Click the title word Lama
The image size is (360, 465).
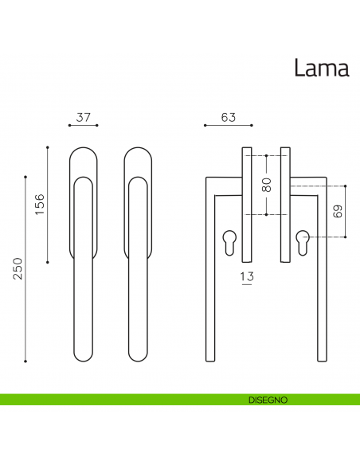[x=322, y=68]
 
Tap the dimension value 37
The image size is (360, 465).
[x=83, y=117]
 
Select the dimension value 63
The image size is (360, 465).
[x=229, y=117]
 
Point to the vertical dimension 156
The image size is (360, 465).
[x=40, y=205]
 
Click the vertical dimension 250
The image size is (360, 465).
[x=18, y=268]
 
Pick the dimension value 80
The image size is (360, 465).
[x=267, y=185]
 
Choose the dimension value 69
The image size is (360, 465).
[x=338, y=212]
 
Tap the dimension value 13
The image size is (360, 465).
[x=247, y=276]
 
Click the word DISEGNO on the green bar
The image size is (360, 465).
[x=268, y=400]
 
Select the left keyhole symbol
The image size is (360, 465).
[x=229, y=242]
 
